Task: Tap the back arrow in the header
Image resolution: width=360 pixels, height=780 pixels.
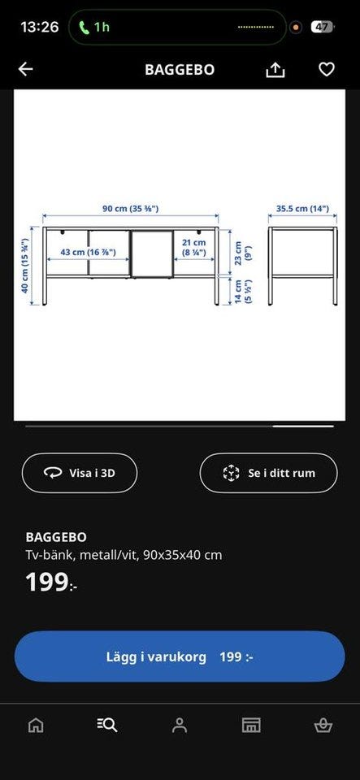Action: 25,69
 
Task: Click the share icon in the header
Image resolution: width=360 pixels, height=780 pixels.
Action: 275,70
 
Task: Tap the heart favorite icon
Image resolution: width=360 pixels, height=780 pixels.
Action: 326,70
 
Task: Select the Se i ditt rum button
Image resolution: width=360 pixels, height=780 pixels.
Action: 268,473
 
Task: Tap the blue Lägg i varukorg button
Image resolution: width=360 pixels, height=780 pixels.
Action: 180,656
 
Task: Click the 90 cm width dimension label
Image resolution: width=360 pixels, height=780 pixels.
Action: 131,209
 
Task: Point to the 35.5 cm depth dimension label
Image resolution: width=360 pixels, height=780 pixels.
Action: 302,209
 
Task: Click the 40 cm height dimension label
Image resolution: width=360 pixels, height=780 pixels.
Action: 24,266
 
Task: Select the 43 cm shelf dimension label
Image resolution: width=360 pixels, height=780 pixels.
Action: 88,252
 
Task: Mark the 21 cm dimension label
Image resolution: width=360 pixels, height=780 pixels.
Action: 193,247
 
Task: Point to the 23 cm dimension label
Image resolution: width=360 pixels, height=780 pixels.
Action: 243,253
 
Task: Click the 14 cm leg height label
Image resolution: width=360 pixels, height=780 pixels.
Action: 243,292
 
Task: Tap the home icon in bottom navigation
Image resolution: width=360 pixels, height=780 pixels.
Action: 35,726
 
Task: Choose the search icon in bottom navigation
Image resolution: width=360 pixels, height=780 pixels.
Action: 107,726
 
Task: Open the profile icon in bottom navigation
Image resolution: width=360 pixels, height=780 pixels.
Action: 180,726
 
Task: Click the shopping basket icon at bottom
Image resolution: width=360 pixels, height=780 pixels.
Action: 323,726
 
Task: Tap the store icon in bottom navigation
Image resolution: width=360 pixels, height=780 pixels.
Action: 251,726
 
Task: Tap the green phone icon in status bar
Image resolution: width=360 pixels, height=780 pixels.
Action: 85,26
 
